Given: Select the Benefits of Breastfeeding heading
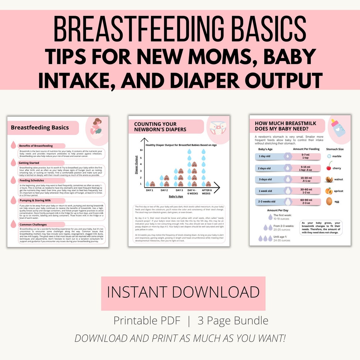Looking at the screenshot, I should pyautogui.click(x=36, y=146).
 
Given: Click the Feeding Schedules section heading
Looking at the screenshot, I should pyautogui.click(x=32, y=180).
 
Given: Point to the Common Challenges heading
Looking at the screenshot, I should pyautogui.click(x=33, y=225).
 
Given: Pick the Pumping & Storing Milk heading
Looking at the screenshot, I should pyautogui.click(x=37, y=200).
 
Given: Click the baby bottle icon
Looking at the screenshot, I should pyautogui.click(x=338, y=128).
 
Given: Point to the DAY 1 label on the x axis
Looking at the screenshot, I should pyautogui.click(x=150, y=190).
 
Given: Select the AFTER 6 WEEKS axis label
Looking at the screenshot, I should pyautogui.click(x=206, y=192).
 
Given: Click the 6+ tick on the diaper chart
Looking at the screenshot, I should pyautogui.click(x=141, y=150).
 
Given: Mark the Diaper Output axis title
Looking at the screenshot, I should pyautogui.click(x=136, y=165).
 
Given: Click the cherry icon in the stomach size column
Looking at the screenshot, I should pyautogui.click(x=329, y=166).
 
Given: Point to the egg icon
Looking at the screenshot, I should pyautogui.click(x=329, y=201).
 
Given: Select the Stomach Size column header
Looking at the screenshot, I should pyautogui.click(x=335, y=149).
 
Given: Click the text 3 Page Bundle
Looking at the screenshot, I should pyautogui.click(x=233, y=321).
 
